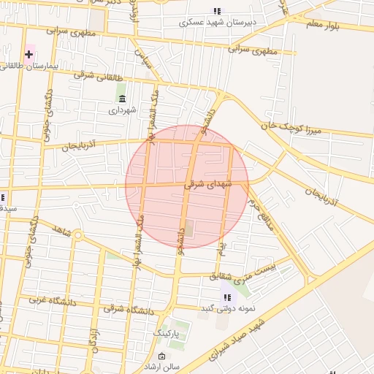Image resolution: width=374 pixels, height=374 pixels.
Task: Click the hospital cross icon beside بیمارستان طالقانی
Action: click(29, 55)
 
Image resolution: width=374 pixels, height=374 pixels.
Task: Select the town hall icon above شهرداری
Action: click(121, 99)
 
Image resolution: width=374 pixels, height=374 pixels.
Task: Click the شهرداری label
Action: click(122, 111)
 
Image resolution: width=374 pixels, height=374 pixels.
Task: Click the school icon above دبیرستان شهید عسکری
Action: click(216, 11)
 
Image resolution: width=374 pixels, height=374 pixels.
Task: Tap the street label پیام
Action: click(221, 253)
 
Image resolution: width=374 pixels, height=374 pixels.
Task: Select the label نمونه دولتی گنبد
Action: click(228, 308)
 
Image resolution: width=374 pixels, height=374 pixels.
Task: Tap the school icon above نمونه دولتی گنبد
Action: click(228, 297)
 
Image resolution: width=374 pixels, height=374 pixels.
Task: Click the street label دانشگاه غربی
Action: click(53, 300)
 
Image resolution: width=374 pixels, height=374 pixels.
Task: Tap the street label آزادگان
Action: click(93, 340)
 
